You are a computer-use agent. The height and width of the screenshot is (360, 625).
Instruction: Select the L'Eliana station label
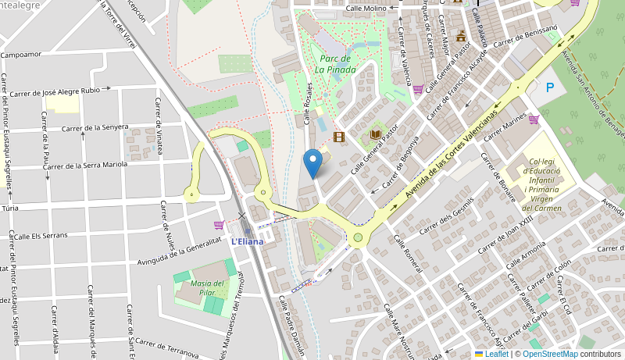pyautogui.click(x=247, y=241)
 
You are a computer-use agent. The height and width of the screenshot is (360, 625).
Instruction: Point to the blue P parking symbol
pyautogui.click(x=550, y=88)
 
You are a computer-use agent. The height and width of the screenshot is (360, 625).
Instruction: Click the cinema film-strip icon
pyautogui.click(x=338, y=137)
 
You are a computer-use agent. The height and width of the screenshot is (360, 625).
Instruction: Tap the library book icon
pyautogui.click(x=376, y=135)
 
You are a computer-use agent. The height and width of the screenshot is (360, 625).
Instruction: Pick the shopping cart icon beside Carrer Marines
pyautogui.click(x=534, y=119)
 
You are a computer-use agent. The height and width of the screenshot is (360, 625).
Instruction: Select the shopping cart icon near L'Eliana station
pyautogui.click(x=219, y=225)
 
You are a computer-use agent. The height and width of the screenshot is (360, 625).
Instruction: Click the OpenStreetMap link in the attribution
pyautogui.click(x=550, y=354)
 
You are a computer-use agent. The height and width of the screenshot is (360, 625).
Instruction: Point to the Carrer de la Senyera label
pyautogui.click(x=95, y=127)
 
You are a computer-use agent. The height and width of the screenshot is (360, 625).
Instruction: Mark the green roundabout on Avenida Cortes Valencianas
pyautogui.click(x=358, y=237)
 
